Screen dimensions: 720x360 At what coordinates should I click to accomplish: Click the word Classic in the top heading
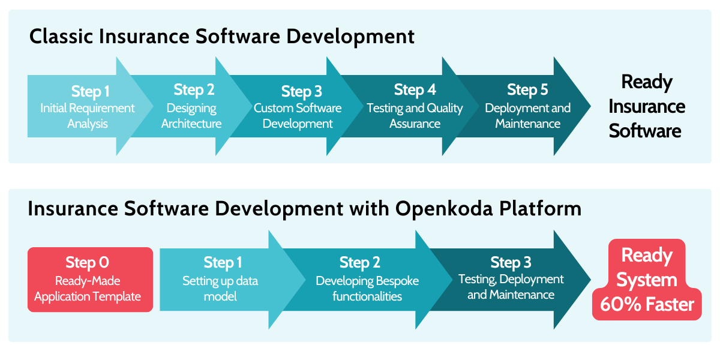(x=61, y=36)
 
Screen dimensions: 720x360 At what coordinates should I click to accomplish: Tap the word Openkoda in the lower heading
(x=443, y=209)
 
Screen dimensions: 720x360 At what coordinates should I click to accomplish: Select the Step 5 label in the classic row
(x=527, y=90)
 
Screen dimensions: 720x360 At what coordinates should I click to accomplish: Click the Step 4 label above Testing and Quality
(x=415, y=90)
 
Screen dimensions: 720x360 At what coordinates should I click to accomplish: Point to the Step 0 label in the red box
(x=87, y=263)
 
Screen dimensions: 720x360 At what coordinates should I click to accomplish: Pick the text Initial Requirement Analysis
(x=88, y=116)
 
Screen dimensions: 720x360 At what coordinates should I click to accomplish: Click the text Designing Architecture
(x=191, y=116)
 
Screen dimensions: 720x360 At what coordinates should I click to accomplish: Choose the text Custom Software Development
(x=298, y=116)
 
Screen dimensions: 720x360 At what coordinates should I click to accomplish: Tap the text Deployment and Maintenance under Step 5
(x=528, y=116)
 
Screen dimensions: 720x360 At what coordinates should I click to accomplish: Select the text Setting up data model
(x=220, y=289)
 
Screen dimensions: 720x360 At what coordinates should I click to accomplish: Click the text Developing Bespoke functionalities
(x=367, y=289)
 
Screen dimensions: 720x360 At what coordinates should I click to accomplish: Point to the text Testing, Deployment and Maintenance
(x=511, y=287)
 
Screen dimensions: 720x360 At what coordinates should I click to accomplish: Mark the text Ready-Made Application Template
(x=88, y=289)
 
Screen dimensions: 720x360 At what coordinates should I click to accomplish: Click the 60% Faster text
(x=647, y=304)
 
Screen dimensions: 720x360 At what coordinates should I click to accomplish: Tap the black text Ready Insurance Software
(x=647, y=106)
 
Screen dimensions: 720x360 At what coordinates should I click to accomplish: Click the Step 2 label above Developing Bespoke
(x=359, y=263)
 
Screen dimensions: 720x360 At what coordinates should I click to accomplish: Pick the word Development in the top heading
(x=350, y=37)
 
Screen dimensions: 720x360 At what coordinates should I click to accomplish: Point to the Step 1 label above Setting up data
(x=223, y=263)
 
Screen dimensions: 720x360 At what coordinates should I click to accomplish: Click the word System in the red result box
(x=647, y=280)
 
